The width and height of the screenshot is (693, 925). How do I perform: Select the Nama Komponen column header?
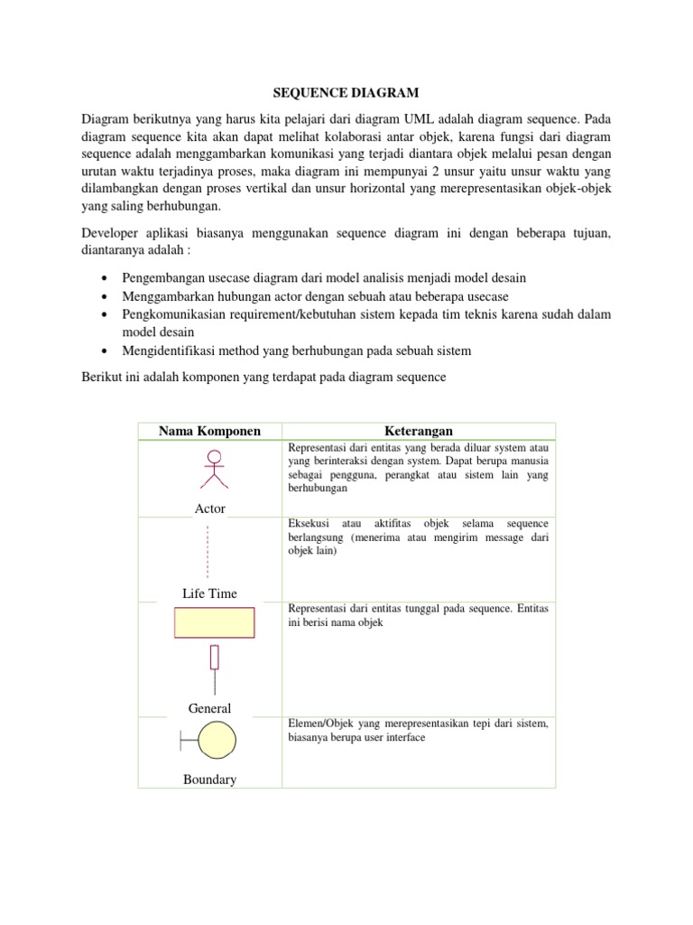[209, 431]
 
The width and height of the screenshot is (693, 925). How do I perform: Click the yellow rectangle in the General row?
[214, 623]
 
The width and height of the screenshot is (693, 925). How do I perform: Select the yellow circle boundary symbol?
[216, 743]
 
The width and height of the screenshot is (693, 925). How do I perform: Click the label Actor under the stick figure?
[209, 509]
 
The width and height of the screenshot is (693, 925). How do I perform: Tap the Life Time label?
[209, 593]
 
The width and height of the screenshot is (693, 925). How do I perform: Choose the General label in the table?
[209, 709]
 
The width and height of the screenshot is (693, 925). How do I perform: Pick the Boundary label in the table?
[209, 779]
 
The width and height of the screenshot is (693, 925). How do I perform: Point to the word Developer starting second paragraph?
[113, 234]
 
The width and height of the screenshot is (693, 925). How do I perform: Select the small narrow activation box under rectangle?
[214, 658]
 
